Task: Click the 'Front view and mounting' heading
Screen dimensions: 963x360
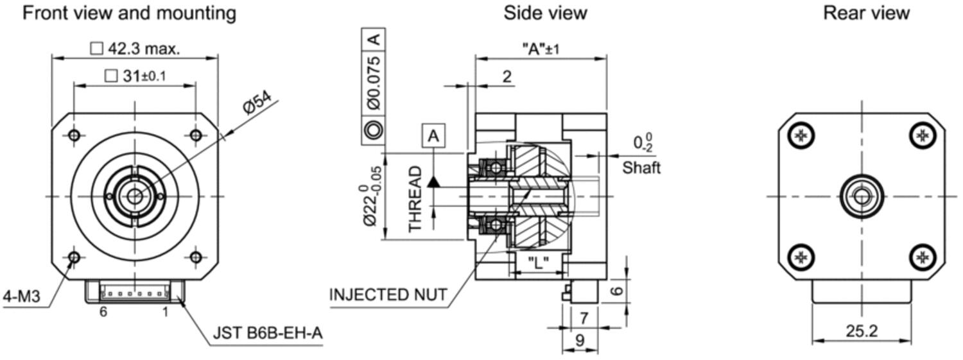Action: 130,13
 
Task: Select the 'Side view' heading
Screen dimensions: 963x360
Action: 545,13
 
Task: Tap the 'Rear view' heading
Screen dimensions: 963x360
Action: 866,13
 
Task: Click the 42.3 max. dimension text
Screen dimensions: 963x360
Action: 144,49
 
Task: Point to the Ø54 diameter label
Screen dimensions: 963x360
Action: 257,102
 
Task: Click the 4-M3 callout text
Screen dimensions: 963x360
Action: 21,296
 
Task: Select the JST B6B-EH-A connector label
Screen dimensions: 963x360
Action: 268,333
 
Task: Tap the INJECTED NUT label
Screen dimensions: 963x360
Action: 388,295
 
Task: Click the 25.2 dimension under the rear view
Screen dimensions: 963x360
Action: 862,331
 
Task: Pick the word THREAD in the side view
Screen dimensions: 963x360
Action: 415,200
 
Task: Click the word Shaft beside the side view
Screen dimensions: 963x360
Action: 641,167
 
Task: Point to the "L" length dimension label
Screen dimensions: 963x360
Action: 538,261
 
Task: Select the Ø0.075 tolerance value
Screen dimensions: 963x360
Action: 374,83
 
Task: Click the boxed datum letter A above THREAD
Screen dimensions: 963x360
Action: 433,136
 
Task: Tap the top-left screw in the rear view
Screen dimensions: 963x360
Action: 801,136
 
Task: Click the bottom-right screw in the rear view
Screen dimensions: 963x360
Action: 923,257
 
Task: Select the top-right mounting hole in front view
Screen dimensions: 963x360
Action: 196,135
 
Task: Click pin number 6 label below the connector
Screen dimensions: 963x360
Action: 103,311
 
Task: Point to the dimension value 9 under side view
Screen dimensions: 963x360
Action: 580,340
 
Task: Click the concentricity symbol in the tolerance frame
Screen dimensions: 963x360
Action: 373,130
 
